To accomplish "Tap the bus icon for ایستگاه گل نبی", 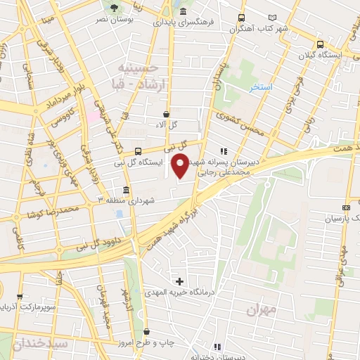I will (x=137, y=151).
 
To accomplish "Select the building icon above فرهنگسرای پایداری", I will (x=183, y=12).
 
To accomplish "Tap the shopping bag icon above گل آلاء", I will (x=166, y=113).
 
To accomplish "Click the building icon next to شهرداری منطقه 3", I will (x=126, y=190).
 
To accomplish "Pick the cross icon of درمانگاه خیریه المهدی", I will (x=179, y=281).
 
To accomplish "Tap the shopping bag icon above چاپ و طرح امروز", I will (x=146, y=331).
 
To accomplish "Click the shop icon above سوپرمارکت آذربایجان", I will (x=19, y=297).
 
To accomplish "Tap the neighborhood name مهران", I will (x=262, y=309).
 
